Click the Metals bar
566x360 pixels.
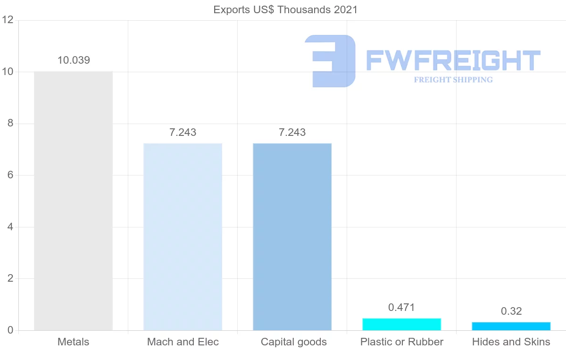click(73, 201)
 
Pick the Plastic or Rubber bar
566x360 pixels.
click(401, 325)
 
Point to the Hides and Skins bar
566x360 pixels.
click(511, 327)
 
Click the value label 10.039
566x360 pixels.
click(74, 60)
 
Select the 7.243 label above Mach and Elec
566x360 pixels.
click(183, 133)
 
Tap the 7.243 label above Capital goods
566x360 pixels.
click(292, 133)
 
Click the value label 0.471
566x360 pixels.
click(401, 308)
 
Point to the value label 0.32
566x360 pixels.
click(511, 311)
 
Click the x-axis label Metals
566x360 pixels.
click(73, 342)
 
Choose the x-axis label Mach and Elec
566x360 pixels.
click(183, 342)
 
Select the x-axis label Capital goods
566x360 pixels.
click(293, 342)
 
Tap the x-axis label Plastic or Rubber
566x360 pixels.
click(401, 342)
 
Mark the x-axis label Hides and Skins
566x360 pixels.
click(511, 342)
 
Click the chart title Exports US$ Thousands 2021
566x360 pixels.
click(285, 9)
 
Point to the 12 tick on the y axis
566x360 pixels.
click(7, 20)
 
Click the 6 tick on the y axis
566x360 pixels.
click(9, 176)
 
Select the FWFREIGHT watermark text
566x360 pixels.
click(453, 60)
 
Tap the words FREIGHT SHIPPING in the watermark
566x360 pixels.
click(453, 80)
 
